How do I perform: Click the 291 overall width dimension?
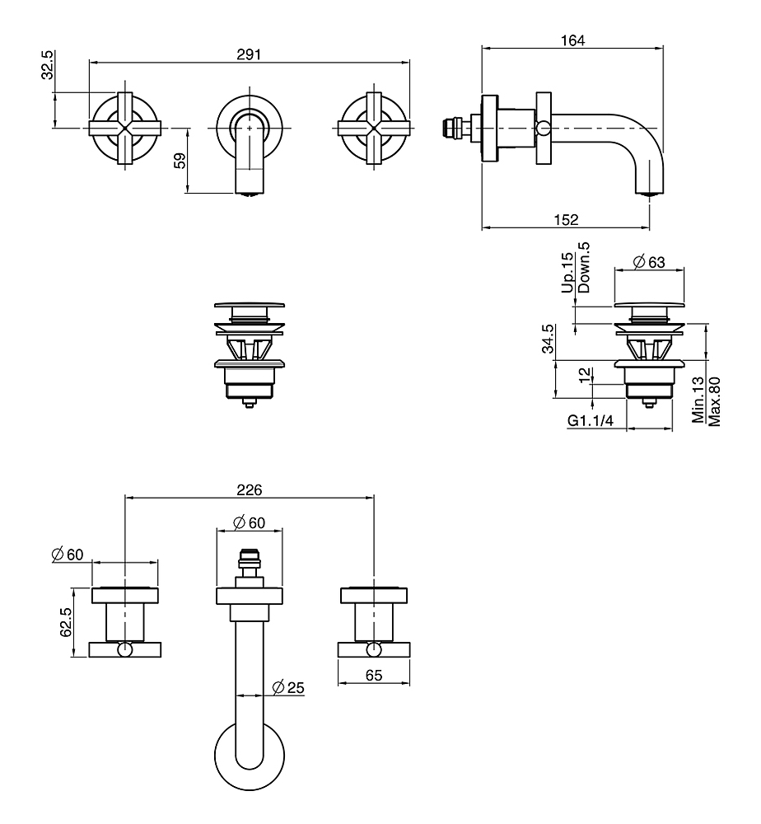tap(250, 54)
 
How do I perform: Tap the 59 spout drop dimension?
tap(180, 160)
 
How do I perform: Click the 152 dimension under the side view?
tap(566, 219)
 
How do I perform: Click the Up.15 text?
tap(567, 274)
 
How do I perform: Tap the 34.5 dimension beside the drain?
tap(548, 339)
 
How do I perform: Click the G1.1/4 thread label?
tap(591, 420)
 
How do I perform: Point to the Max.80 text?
tap(715, 401)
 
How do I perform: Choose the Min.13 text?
tap(698, 401)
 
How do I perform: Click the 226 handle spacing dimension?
tap(249, 489)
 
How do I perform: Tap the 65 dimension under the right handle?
tap(374, 674)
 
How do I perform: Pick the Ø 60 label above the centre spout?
tap(248, 522)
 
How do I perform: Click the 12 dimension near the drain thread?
tap(584, 375)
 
